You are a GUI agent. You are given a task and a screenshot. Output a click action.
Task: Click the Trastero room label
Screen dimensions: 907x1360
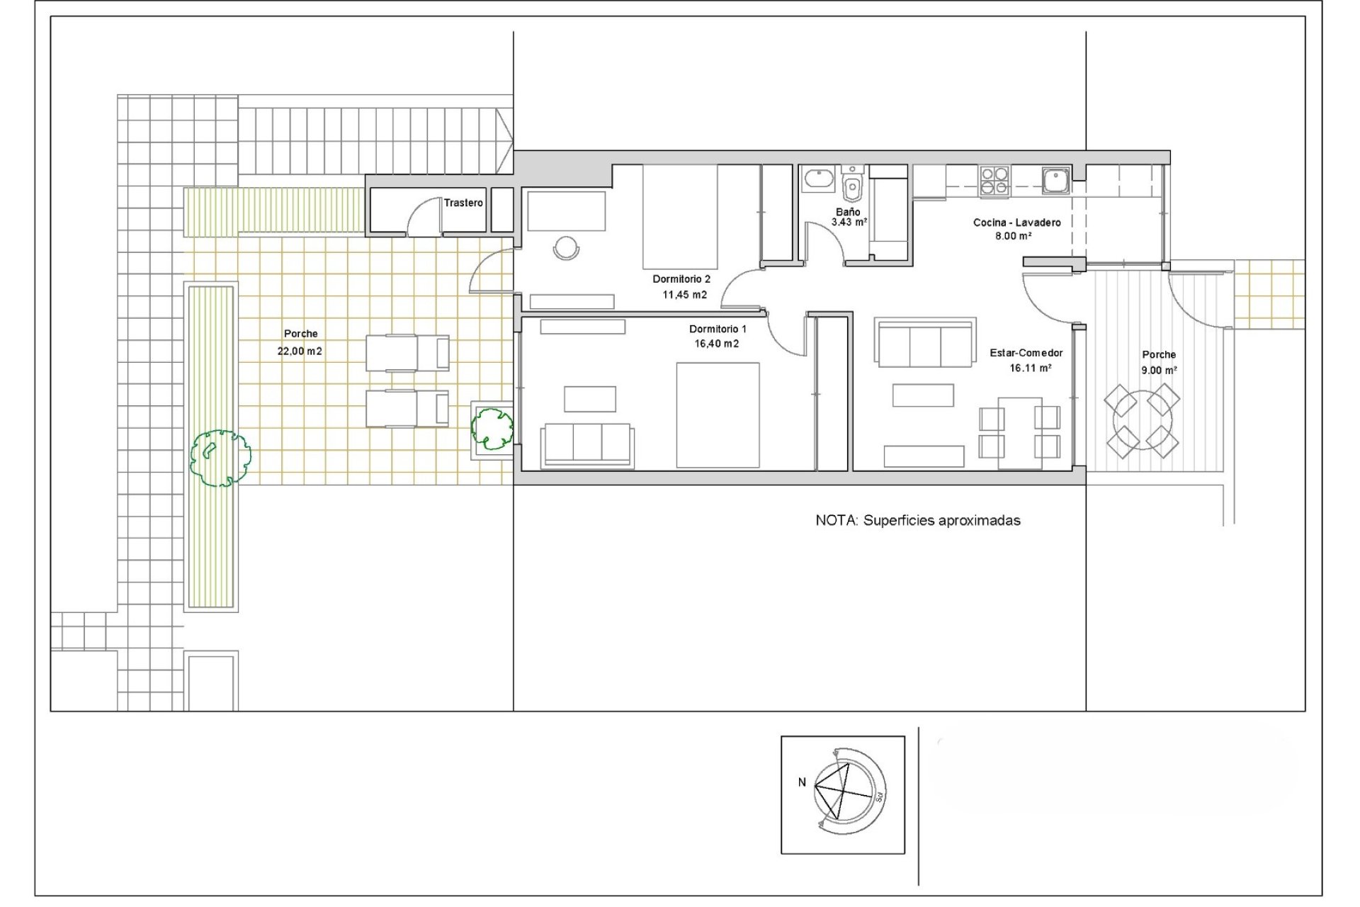point(463,203)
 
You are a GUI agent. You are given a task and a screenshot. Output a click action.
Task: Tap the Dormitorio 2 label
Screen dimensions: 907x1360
point(681,279)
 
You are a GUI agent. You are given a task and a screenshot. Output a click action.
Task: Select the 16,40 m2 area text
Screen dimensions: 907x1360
point(716,344)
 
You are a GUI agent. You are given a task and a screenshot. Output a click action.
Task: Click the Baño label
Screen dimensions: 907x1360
point(848,212)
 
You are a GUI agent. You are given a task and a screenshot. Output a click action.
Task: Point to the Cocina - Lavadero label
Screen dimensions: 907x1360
point(1016,222)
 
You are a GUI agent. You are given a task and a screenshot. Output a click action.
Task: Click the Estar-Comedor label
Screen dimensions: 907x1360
point(1026,353)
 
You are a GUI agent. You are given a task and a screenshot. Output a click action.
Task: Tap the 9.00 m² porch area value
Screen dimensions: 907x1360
point(1159,370)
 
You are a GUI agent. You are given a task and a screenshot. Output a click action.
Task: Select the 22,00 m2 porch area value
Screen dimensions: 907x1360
point(300,351)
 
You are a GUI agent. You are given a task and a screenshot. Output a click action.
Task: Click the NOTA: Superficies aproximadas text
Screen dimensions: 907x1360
point(918,521)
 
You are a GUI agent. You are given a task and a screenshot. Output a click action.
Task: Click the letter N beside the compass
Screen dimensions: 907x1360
point(802,782)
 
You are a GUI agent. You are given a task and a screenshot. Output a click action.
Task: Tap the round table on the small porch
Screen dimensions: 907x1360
point(1142,421)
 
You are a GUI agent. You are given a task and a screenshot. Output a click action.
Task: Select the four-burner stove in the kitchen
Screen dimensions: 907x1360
point(994,180)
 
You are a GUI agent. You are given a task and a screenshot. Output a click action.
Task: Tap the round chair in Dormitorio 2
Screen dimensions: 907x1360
point(566,248)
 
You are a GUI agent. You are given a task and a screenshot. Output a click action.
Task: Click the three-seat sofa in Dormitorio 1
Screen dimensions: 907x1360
point(586,445)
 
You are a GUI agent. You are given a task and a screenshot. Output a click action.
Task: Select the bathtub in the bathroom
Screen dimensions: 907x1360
point(818,179)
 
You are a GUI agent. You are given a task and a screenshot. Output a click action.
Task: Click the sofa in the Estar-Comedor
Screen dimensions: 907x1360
point(925,344)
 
